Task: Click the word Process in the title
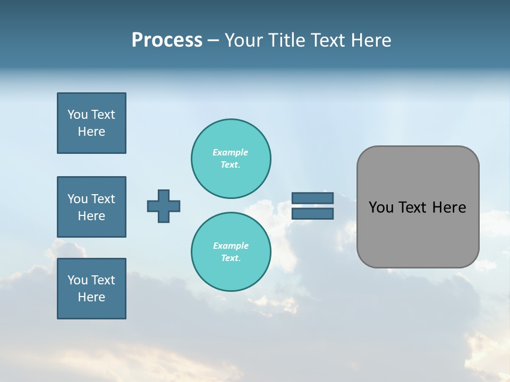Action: click(167, 40)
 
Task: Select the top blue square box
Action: click(91, 123)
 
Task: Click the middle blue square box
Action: click(91, 207)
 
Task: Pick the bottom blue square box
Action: click(91, 289)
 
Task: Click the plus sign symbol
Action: click(164, 206)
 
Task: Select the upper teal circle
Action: click(231, 159)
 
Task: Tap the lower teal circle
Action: click(231, 252)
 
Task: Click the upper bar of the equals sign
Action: click(312, 198)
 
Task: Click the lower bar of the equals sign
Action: click(312, 214)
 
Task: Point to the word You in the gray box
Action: click(380, 207)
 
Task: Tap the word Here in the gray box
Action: click(449, 207)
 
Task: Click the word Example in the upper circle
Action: click(231, 152)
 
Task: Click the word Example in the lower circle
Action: click(231, 246)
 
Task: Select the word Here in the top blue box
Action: click(91, 132)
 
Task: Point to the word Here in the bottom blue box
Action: click(91, 297)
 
